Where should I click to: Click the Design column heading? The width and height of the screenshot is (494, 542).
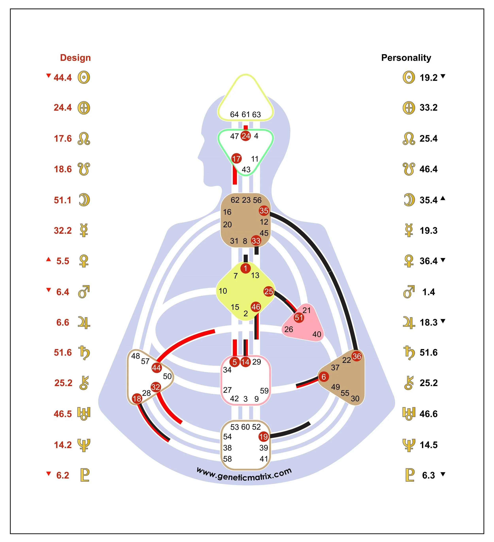click(x=75, y=58)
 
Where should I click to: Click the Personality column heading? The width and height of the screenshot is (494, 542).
click(x=406, y=58)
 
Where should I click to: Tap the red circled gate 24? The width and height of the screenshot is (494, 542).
click(x=246, y=136)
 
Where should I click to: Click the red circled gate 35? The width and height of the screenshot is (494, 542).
click(x=264, y=211)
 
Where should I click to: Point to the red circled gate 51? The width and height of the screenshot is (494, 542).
click(x=299, y=318)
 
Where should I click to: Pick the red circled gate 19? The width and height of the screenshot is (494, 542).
click(x=264, y=437)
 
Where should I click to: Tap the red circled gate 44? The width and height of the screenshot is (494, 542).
click(x=156, y=368)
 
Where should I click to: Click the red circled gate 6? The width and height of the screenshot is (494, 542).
click(x=323, y=377)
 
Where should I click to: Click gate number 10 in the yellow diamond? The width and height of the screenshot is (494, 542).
click(x=223, y=291)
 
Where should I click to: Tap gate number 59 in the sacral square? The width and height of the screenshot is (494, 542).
click(x=264, y=391)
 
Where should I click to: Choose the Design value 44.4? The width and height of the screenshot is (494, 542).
click(x=63, y=78)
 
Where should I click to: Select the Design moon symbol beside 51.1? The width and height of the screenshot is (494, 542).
click(x=84, y=200)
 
